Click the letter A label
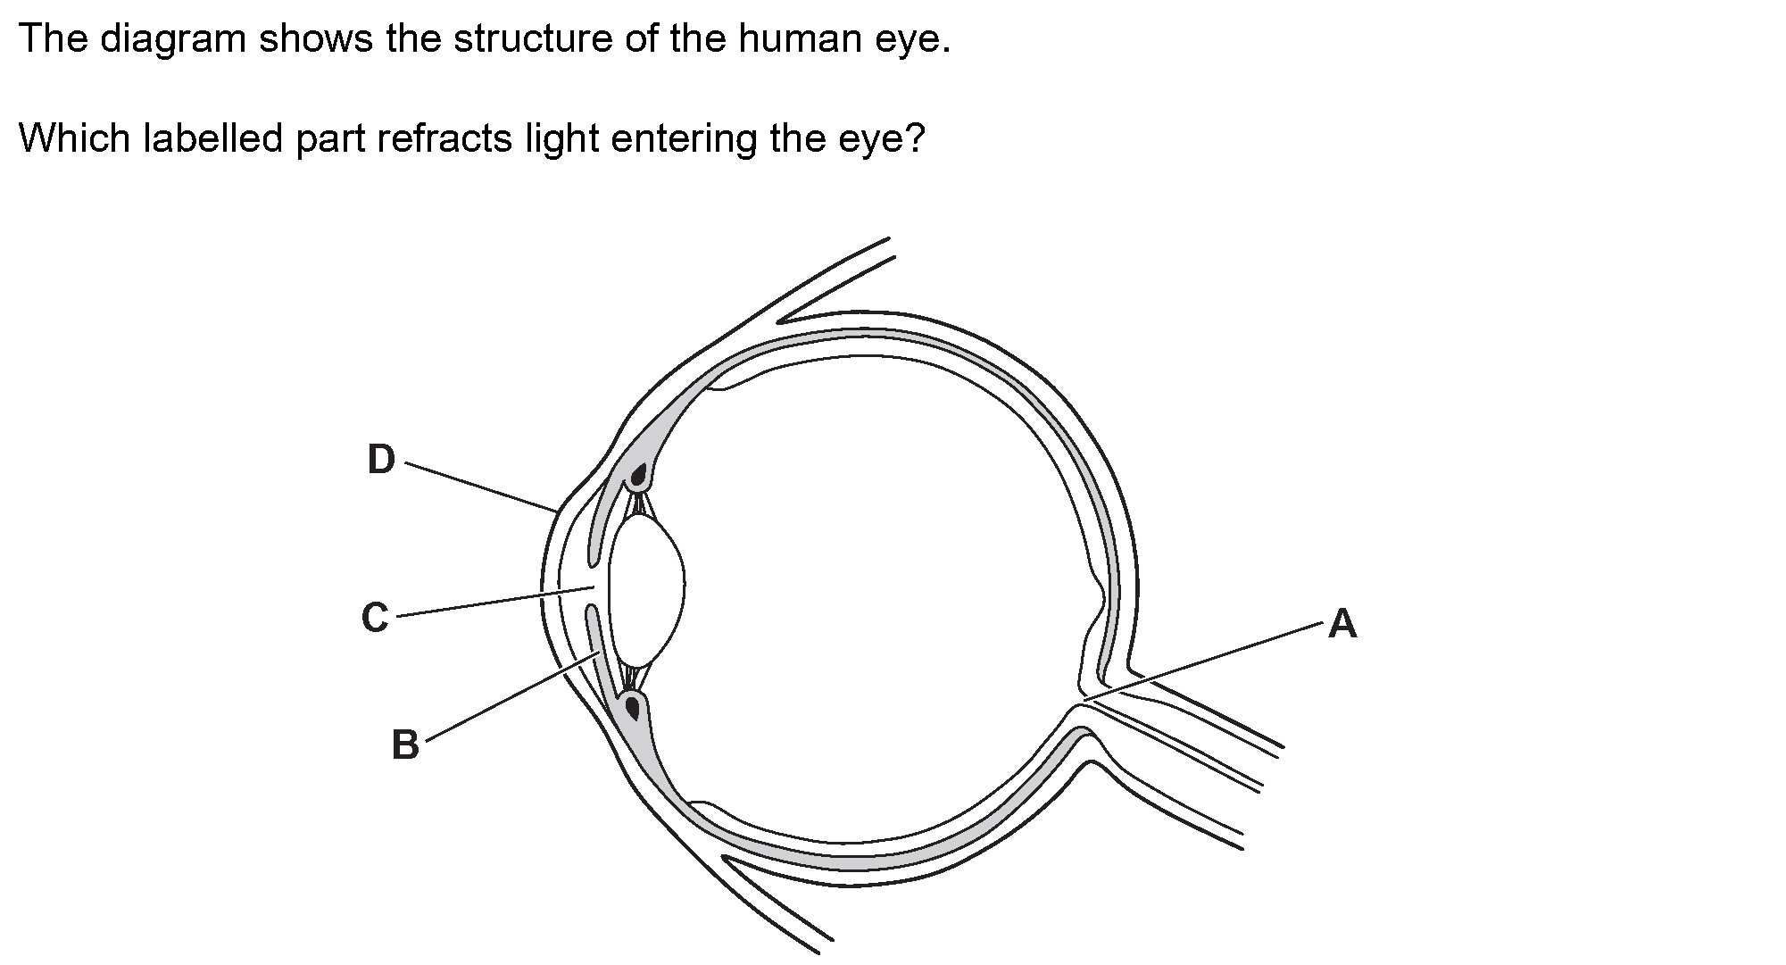(1342, 623)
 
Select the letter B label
(405, 745)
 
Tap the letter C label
(375, 618)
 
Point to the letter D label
(381, 460)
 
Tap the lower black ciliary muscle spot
(633, 708)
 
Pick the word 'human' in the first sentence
(792, 40)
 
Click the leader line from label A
(1205, 661)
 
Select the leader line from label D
(482, 487)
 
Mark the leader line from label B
(509, 697)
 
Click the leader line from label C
(495, 603)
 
